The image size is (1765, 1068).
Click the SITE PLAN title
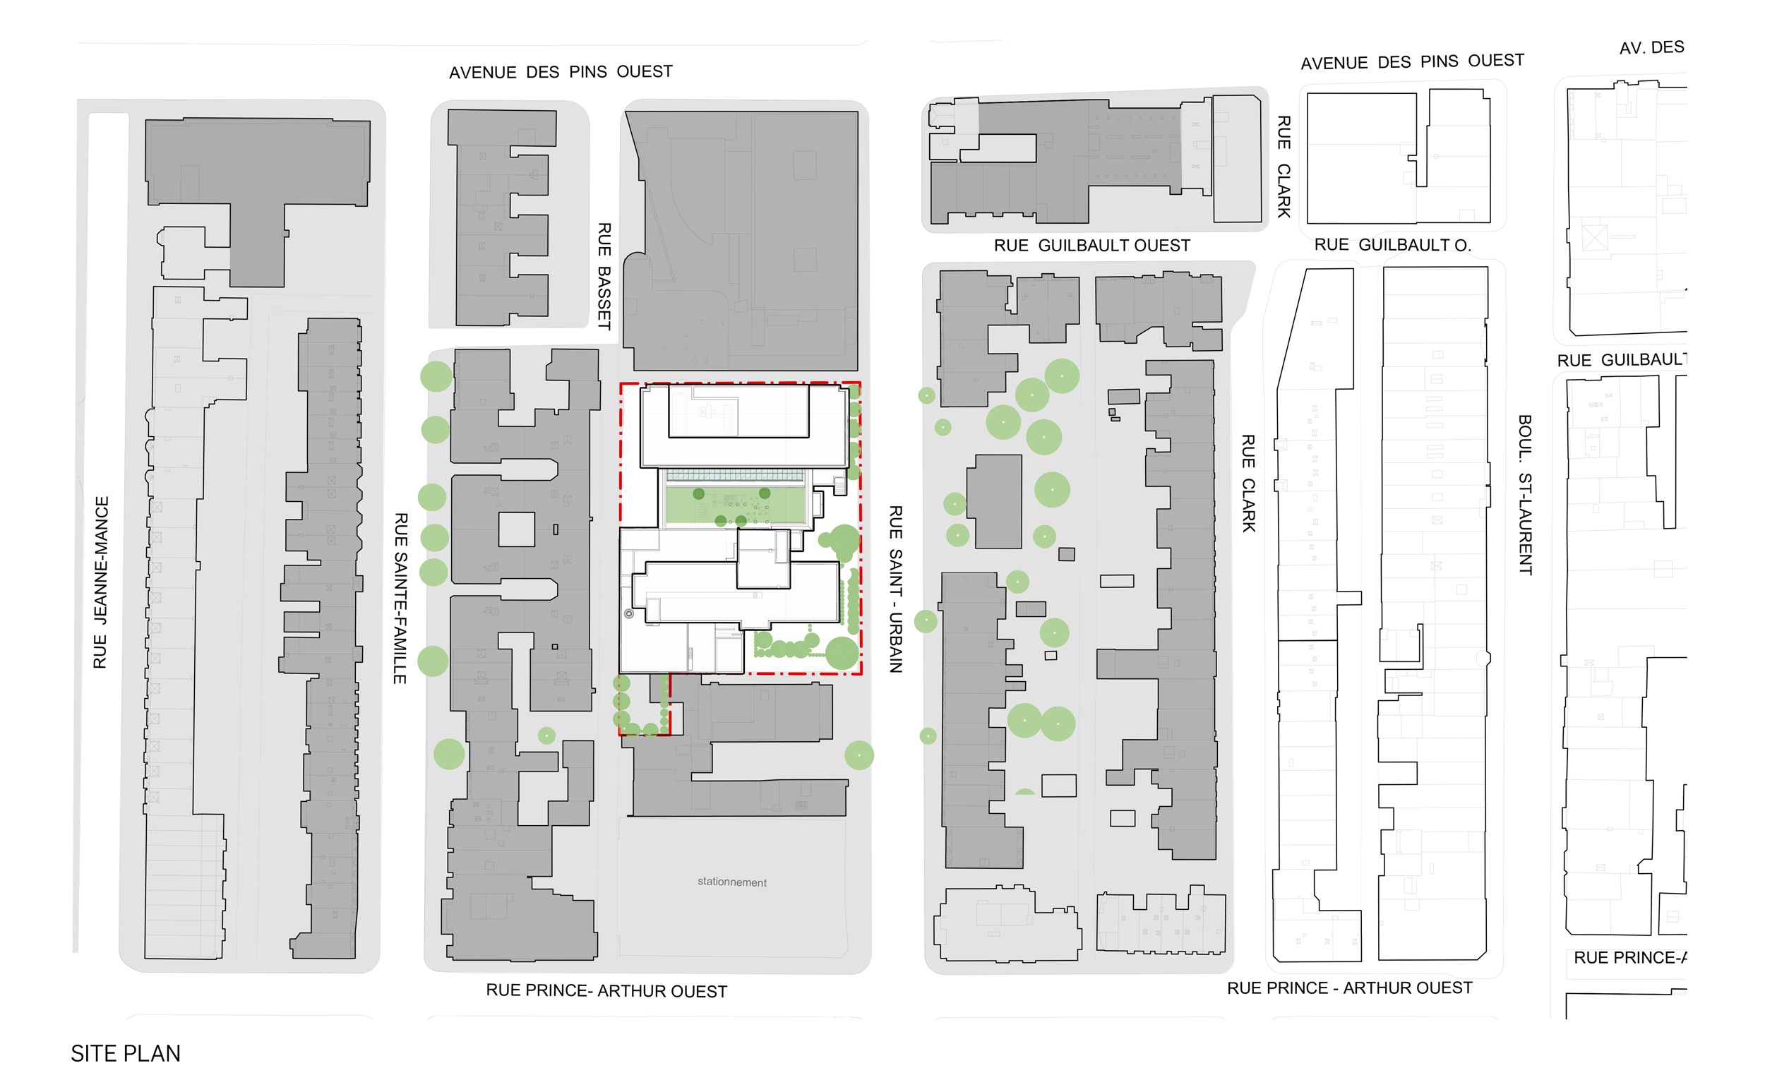[126, 1052]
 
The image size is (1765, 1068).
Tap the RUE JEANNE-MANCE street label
[101, 582]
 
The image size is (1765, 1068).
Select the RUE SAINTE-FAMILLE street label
[400, 597]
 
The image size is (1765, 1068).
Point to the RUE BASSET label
[604, 276]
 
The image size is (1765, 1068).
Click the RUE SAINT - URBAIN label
[895, 588]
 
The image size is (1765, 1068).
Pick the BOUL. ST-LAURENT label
[1525, 494]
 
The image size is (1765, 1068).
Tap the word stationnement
[731, 882]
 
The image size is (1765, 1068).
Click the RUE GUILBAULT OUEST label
[1091, 246]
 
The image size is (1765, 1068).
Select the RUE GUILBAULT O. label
[1392, 245]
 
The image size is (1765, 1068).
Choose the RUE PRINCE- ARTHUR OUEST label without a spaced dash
[606, 990]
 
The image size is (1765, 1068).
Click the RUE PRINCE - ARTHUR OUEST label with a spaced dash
[1350, 988]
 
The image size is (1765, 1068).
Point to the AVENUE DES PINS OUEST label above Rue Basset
[560, 71]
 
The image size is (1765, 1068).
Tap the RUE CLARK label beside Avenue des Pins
[1284, 166]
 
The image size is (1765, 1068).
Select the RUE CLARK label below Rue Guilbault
[1248, 483]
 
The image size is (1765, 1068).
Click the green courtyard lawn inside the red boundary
[735, 504]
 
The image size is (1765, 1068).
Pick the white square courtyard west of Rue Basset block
[516, 529]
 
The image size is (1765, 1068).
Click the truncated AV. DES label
[1651, 48]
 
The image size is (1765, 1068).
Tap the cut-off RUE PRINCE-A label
[1629, 957]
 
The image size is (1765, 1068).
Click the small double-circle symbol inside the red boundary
[629, 613]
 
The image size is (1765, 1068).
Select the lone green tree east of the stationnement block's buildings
[859, 755]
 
